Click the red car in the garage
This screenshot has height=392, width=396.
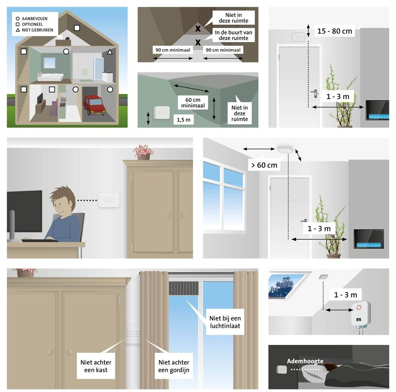coord(94,104)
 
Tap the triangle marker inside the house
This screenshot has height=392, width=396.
coord(110,52)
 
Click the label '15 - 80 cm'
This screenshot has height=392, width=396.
coord(335,31)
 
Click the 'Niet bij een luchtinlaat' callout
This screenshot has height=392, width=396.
coord(225,322)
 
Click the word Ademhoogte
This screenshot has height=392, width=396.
coord(305,361)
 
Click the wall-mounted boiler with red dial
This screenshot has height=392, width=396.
coord(360,314)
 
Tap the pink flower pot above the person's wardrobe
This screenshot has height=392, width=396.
coord(144,151)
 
